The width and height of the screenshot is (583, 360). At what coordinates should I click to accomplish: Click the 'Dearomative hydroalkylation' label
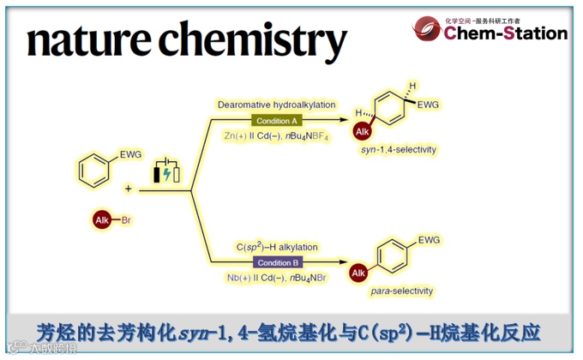pos(276,105)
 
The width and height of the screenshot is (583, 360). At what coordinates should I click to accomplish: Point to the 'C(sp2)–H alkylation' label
pos(276,248)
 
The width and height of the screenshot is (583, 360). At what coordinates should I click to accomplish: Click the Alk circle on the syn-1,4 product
pos(364,130)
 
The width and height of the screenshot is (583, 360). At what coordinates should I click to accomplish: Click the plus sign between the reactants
pos(128,188)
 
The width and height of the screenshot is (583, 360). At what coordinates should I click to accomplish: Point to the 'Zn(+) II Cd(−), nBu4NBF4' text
pos(276,136)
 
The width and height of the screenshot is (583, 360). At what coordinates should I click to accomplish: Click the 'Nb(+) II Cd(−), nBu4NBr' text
pos(276,279)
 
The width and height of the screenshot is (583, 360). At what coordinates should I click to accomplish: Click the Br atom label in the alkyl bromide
pos(126,220)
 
